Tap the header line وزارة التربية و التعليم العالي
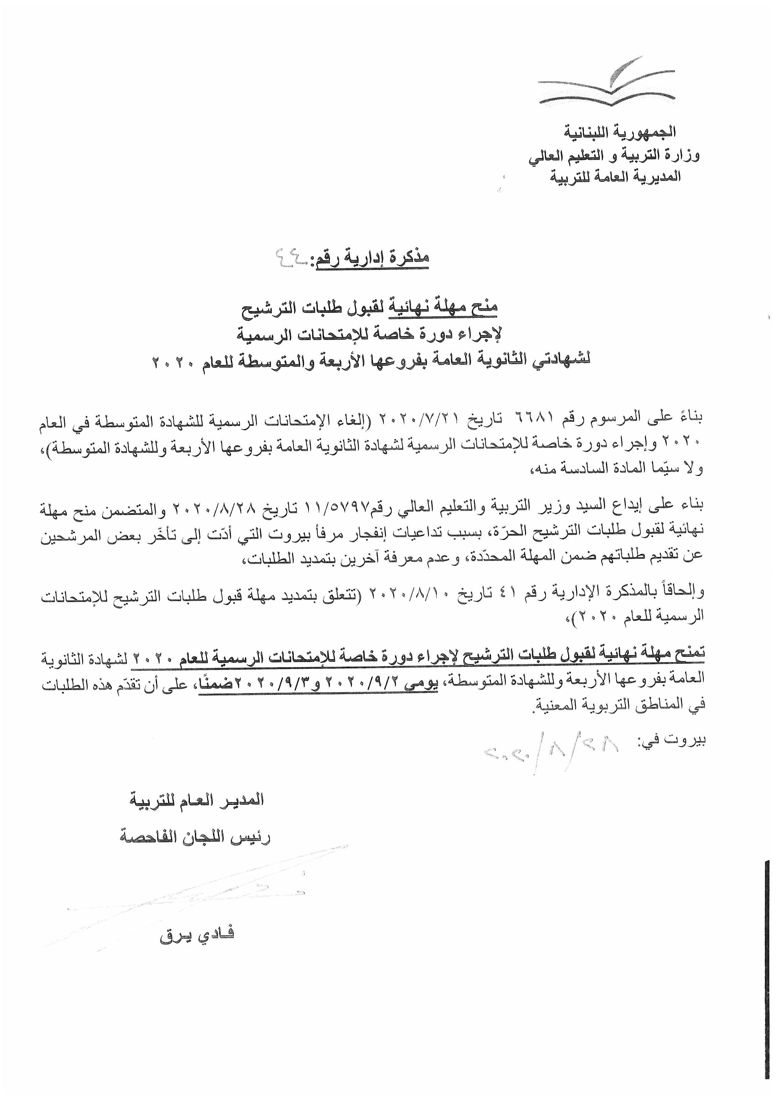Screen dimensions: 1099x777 tap(614, 156)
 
